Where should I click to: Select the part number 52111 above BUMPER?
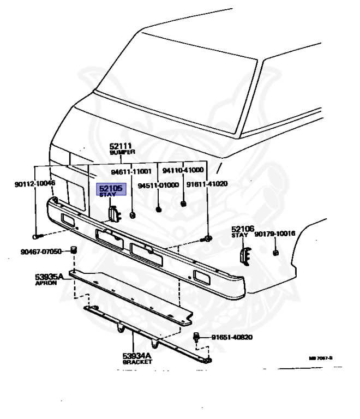(x=120, y=146)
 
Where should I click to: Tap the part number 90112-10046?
(x=35, y=184)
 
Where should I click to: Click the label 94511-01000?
(x=158, y=185)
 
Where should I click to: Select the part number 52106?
(x=243, y=229)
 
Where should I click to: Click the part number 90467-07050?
(x=42, y=252)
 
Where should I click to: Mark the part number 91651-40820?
(x=232, y=337)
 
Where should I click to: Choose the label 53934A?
(x=137, y=356)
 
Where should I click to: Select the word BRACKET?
(x=137, y=362)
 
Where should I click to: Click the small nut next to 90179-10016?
(x=276, y=253)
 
